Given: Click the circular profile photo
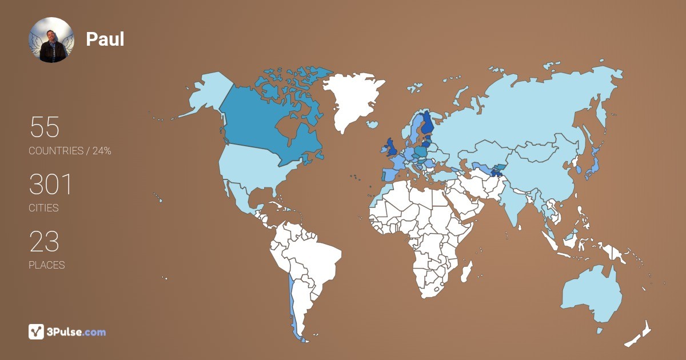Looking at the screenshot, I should coord(51,39).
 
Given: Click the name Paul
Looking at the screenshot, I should coord(105,39).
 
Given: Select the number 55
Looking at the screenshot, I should coord(44,127).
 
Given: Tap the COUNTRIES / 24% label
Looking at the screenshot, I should coord(70,151).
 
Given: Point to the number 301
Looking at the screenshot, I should coord(51,184).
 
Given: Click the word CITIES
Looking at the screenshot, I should coord(44,208).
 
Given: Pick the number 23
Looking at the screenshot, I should coord(44,241).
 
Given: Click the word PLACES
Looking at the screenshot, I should coord(47,265).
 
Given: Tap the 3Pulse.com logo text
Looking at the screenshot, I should coord(77,332).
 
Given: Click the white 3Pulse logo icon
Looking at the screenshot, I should coord(36,331).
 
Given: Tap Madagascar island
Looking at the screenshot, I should coord(468,271).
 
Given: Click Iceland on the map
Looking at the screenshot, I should coord(373,124).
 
